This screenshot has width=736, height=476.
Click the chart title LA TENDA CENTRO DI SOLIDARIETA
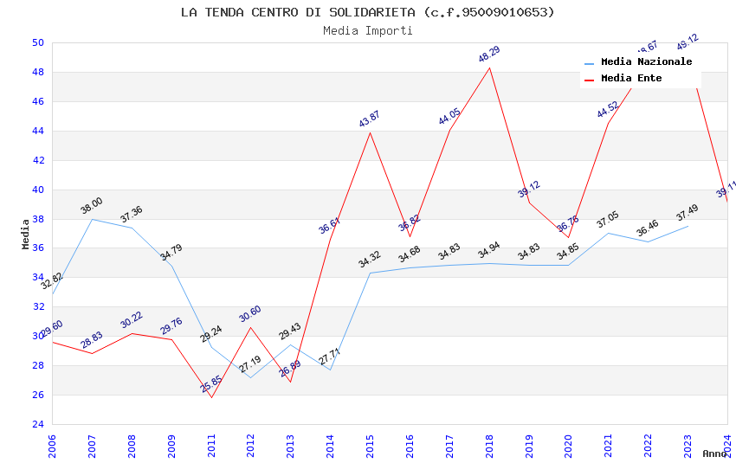(367, 12)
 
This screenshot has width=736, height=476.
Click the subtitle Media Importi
(367, 30)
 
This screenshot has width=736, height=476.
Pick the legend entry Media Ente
(631, 79)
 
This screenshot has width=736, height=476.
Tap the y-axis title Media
(26, 234)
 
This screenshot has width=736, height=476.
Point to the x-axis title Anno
(714, 453)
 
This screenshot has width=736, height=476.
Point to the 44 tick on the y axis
(37, 131)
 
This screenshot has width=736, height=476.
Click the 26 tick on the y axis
(37, 395)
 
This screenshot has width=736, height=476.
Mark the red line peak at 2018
(489, 68)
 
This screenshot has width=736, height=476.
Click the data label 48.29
(489, 55)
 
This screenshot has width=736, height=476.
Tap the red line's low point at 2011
(211, 397)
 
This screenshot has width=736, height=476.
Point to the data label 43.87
(370, 119)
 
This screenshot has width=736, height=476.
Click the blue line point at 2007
(92, 219)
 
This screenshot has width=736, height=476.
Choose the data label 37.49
(688, 212)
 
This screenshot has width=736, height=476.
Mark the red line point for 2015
(370, 132)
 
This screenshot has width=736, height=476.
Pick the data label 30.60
(250, 313)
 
